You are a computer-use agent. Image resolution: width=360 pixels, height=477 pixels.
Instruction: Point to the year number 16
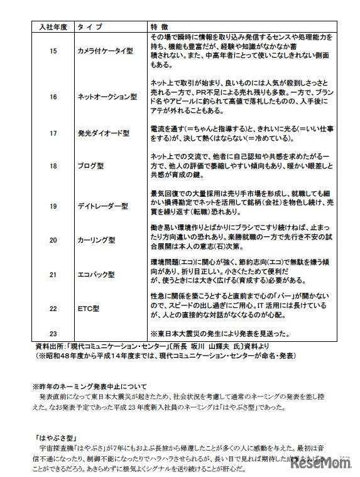[53, 97]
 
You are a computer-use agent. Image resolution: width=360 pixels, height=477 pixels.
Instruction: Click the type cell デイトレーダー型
[102, 205]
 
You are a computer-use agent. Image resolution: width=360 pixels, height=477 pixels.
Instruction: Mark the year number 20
[53, 239]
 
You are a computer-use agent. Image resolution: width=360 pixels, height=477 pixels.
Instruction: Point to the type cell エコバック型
[95, 275]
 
